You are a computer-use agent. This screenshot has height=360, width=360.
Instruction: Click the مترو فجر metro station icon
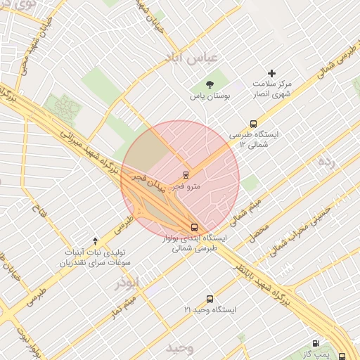pos(186,174)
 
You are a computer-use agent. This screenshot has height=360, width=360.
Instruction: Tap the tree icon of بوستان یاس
pos(209,84)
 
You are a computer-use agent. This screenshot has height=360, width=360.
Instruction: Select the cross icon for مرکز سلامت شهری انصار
pos(272,73)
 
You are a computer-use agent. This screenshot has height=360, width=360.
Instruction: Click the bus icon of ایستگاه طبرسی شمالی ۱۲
pos(254,124)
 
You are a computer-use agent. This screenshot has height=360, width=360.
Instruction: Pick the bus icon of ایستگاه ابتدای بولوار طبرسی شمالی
pos(194,227)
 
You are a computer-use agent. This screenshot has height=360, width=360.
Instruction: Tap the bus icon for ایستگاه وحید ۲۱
pos(209,299)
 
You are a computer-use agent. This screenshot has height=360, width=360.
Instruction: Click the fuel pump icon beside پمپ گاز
pos(315,344)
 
